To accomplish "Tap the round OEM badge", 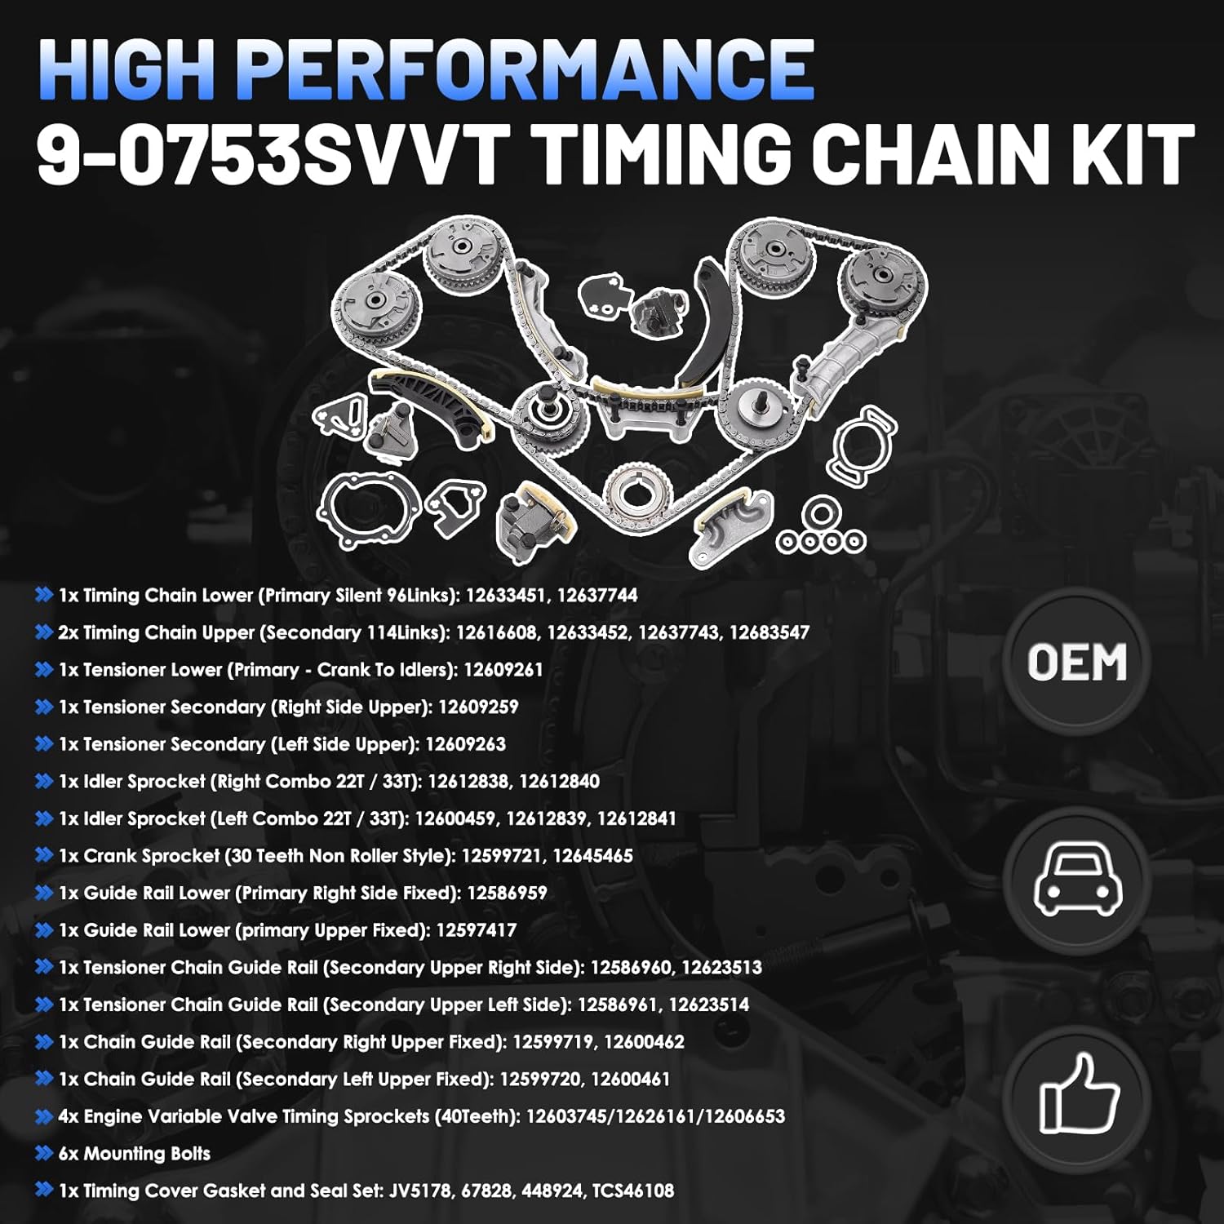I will coord(1076,662).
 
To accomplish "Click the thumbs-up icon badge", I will coord(1076,1094).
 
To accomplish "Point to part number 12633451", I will coord(506,596).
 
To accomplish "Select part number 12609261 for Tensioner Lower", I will coord(503,671).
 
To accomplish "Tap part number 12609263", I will coord(465,745).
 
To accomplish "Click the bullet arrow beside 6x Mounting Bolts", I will coord(44,1154).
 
